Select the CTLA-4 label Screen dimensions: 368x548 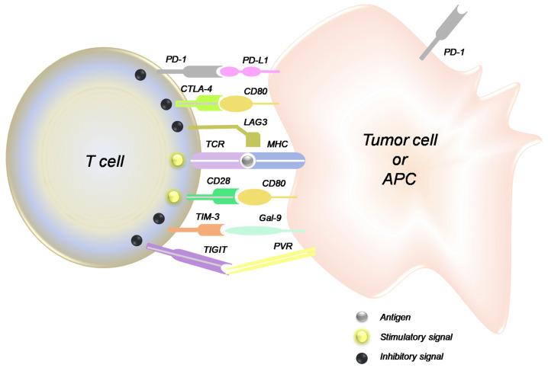click(x=195, y=89)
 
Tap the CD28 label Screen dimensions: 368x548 click(x=221, y=182)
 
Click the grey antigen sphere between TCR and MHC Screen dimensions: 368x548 click(x=247, y=161)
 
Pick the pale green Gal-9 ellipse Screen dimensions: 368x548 click(x=264, y=229)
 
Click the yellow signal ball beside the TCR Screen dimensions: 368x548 click(x=178, y=160)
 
